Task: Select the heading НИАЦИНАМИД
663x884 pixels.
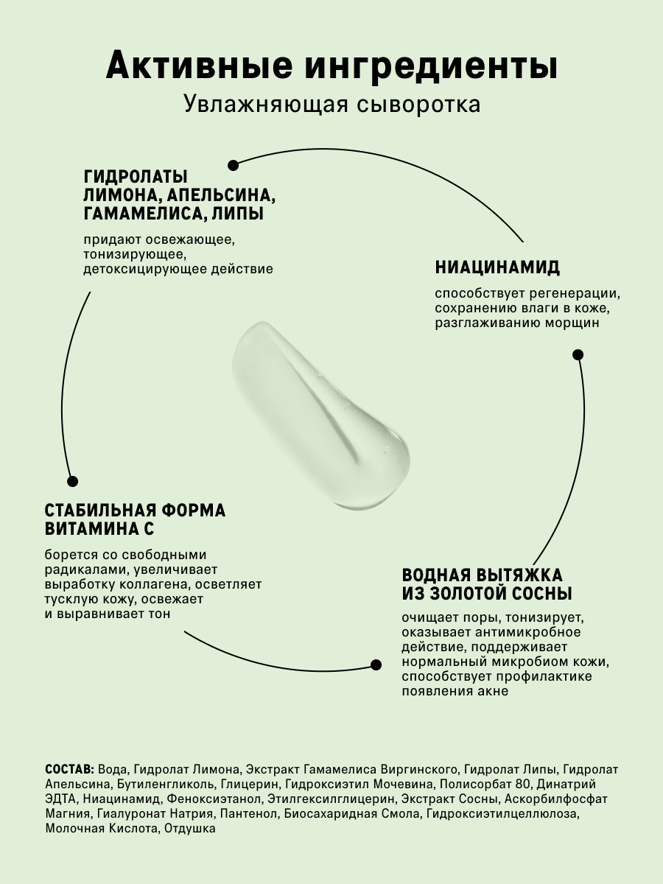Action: [497, 267]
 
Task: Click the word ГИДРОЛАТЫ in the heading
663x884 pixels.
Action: [136, 177]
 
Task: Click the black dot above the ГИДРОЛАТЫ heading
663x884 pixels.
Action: [233, 165]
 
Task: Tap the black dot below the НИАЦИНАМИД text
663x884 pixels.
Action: [578, 354]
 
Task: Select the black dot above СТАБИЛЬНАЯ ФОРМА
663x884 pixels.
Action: [72, 481]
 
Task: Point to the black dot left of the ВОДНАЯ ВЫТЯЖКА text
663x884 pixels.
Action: [376, 664]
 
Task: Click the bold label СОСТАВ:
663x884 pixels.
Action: [69, 768]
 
